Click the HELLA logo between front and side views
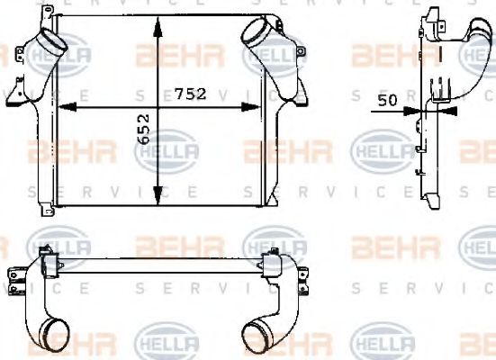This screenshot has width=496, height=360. click(379, 148)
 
